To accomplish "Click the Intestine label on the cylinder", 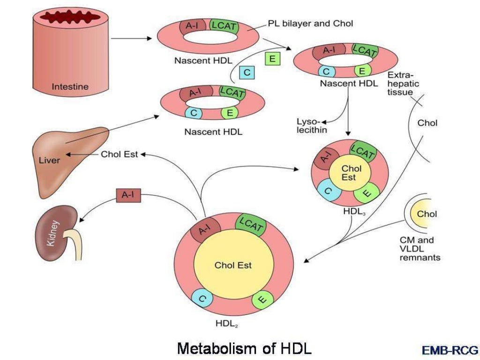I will point(70,87).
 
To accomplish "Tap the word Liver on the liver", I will point(49,160).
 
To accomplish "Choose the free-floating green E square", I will point(272,59).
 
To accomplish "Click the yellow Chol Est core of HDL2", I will point(233,265).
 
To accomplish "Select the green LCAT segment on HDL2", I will point(250,224).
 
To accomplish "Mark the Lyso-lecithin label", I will point(312,125).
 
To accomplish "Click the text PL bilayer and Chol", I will point(310,23).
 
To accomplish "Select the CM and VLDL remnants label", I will point(420,248).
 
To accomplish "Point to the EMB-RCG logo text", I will point(450,350).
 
